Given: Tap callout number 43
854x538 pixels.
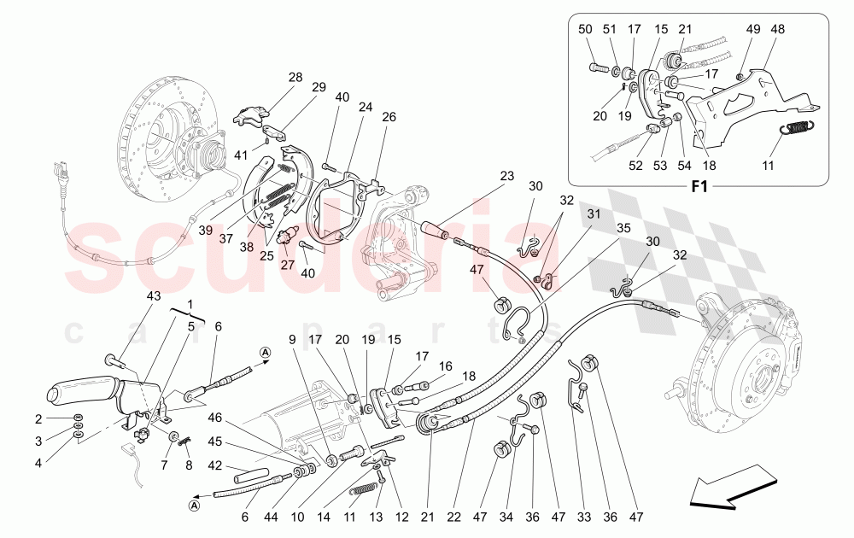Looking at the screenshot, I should click(x=153, y=296).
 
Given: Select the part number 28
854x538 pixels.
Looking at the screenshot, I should click(x=295, y=78).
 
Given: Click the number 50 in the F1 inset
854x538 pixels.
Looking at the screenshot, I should click(x=585, y=30).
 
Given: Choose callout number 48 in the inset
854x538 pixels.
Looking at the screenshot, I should click(x=777, y=30).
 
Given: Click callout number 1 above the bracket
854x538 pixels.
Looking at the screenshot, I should click(x=190, y=305).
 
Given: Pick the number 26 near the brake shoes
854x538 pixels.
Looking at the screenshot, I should click(x=389, y=117).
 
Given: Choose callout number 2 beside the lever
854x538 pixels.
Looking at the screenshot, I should click(x=38, y=418).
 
